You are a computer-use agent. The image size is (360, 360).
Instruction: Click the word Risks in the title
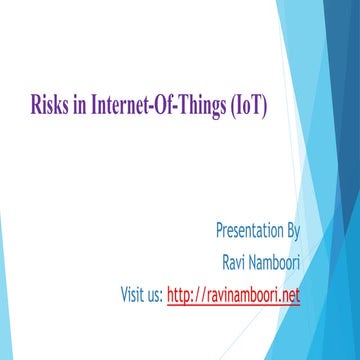pyautogui.click(x=47, y=102)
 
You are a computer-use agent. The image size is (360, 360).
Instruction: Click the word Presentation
pyautogui.click(x=248, y=232)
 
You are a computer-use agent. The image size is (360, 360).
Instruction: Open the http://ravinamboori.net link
pyautogui.click(x=233, y=295)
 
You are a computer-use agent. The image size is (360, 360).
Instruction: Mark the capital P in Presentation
pyautogui.click(x=219, y=232)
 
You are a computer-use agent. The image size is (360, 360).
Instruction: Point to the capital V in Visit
pyautogui.click(x=125, y=295)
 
